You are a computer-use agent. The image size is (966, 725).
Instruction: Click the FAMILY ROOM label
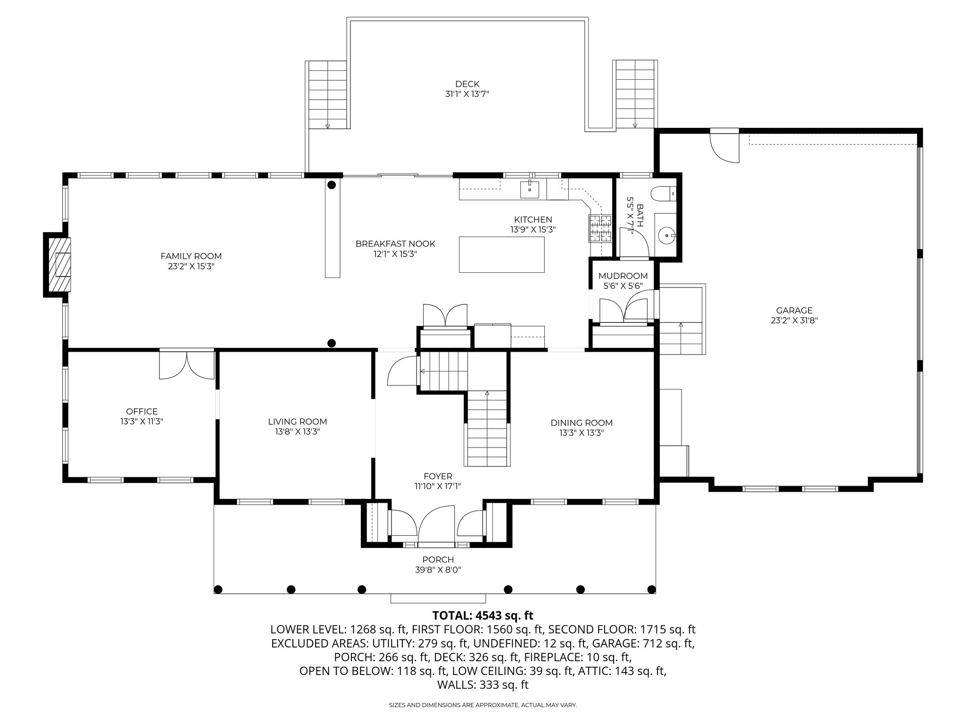click(191, 256)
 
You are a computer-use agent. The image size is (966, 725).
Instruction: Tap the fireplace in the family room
click(60, 264)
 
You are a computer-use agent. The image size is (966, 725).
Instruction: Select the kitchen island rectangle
click(501, 254)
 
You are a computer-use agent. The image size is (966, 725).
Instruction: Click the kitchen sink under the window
click(530, 189)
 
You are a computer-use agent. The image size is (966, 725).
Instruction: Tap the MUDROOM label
click(623, 276)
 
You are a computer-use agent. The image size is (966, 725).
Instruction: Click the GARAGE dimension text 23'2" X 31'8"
click(794, 320)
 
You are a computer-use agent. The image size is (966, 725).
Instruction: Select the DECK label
click(467, 84)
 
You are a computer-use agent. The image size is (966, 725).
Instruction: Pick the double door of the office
click(187, 364)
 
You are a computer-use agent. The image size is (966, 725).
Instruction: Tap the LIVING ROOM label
click(297, 422)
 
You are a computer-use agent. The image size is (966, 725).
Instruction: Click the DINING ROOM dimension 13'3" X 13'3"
click(581, 432)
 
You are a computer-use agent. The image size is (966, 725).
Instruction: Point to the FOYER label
click(438, 476)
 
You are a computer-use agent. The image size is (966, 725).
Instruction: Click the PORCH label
click(438, 560)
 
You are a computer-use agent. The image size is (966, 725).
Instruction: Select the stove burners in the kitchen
click(600, 228)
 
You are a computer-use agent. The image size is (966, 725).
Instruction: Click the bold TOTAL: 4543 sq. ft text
click(483, 615)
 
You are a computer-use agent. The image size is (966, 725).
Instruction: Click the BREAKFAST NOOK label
click(395, 244)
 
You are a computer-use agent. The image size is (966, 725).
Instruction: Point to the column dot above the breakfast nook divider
click(332, 185)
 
